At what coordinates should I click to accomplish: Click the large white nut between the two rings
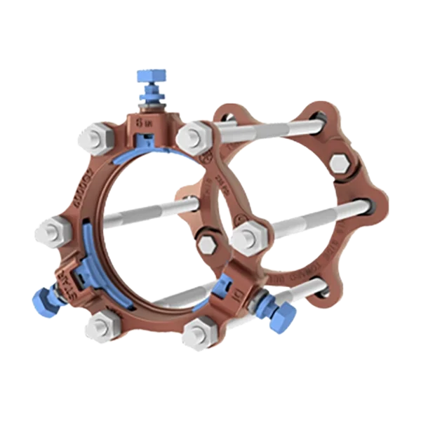pyautogui.click(x=246, y=237)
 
